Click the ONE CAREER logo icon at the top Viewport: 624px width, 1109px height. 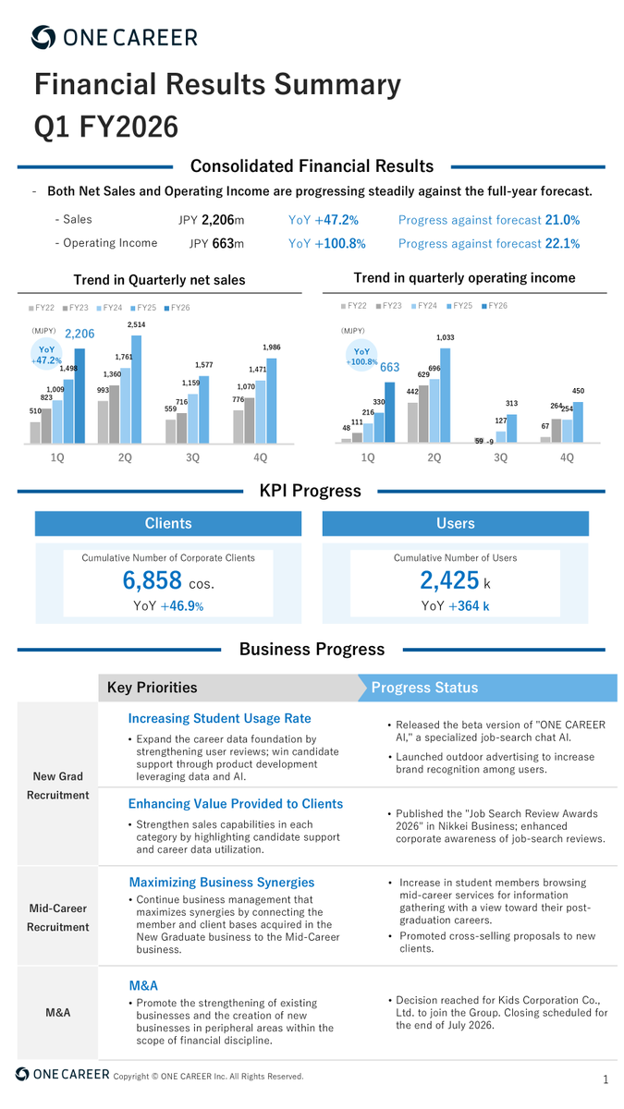click(x=43, y=37)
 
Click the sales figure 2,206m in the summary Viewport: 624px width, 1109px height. click(x=223, y=220)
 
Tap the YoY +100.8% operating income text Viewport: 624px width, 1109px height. click(x=327, y=244)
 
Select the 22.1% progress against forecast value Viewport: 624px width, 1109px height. click(x=562, y=244)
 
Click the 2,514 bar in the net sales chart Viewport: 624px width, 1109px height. click(x=136, y=389)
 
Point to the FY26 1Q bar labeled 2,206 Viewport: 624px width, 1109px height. click(x=80, y=396)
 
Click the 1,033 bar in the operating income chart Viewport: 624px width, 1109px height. click(x=446, y=396)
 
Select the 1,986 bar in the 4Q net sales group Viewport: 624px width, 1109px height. click(x=272, y=400)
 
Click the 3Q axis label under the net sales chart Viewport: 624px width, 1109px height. click(x=192, y=457)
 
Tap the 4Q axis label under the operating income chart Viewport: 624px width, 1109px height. click(x=567, y=457)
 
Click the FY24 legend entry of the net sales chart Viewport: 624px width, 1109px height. click(x=109, y=308)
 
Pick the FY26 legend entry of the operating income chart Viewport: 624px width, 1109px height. click(x=495, y=306)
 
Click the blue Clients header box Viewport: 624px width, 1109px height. click(x=168, y=523)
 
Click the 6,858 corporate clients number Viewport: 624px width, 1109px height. click(x=153, y=580)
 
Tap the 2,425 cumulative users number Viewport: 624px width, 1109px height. click(x=449, y=580)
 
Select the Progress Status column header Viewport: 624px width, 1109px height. click(x=424, y=688)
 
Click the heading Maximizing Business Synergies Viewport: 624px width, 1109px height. click(x=222, y=883)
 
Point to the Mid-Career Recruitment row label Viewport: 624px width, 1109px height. click(x=58, y=918)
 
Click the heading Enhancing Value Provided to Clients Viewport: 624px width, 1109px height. click(x=236, y=803)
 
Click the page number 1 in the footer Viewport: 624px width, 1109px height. click(x=606, y=1079)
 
